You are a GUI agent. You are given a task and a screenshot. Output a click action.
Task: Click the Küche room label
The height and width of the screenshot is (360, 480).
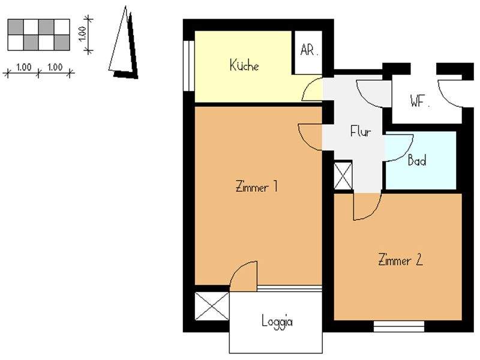(x=244, y=65)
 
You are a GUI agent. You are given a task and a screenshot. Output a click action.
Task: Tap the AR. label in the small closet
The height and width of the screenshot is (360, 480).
(x=308, y=50)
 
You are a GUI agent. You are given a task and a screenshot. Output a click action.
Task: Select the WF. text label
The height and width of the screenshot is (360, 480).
(x=420, y=101)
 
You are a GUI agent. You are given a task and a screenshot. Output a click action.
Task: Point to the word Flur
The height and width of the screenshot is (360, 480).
(x=361, y=131)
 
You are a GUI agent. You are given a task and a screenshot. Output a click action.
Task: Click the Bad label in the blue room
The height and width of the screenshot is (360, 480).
(x=417, y=161)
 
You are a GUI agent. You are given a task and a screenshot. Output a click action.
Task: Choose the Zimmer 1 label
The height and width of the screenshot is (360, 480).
(x=256, y=187)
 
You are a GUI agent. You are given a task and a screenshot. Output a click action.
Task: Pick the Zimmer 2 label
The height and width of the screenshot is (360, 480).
(x=401, y=260)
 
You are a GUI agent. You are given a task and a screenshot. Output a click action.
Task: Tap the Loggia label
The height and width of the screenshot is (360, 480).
(x=277, y=321)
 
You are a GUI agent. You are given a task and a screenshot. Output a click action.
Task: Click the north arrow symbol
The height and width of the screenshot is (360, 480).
(x=124, y=45)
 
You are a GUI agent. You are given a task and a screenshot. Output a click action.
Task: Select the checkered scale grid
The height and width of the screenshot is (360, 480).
(x=38, y=35)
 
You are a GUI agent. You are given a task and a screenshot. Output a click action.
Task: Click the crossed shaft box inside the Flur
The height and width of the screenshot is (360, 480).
(x=343, y=176)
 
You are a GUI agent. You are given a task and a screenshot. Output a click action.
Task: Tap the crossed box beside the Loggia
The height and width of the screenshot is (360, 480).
(x=212, y=306)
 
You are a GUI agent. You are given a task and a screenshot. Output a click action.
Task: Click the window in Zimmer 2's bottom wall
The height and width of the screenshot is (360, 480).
(x=398, y=326)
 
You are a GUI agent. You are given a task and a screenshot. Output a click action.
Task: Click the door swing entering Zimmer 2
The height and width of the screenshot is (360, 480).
(x=366, y=206)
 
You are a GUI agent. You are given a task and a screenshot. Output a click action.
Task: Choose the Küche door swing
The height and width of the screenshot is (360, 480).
(x=312, y=91)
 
